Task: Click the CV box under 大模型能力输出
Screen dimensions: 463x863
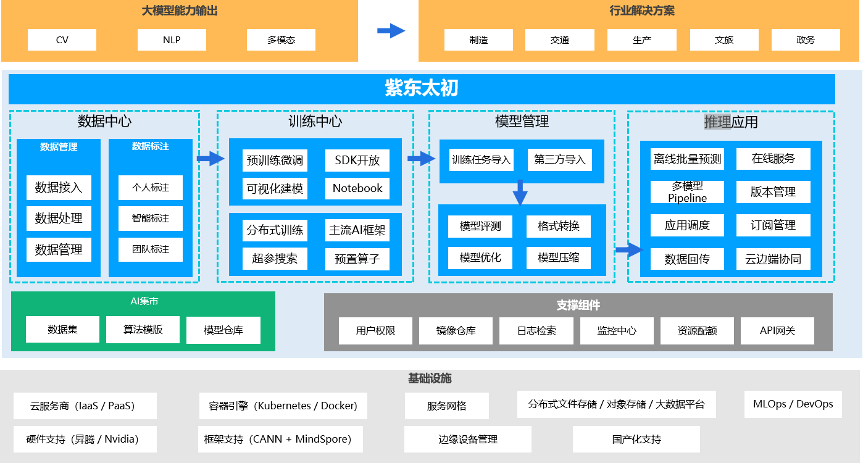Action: [62, 40]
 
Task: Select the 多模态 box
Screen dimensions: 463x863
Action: [281, 40]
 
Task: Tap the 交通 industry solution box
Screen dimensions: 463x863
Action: [559, 40]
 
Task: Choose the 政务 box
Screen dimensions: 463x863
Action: [806, 40]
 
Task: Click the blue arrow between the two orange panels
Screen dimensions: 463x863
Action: [391, 31]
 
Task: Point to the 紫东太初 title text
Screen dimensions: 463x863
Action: [422, 89]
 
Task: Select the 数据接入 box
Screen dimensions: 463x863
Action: [59, 188]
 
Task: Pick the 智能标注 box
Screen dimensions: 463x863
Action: [151, 219]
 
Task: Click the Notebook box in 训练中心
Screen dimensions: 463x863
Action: [357, 188]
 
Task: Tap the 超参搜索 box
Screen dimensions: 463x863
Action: [275, 259]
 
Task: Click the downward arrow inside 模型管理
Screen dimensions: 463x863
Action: [520, 193]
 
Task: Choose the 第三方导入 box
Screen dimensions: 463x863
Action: [559, 160]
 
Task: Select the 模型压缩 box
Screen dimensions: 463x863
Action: [559, 258]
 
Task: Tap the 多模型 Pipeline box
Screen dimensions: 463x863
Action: [687, 192]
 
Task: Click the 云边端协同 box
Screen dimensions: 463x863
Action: [773, 259]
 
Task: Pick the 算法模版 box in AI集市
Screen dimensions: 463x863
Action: [143, 330]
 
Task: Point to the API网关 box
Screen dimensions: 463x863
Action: [777, 331]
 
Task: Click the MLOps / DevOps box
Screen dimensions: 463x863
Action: [793, 404]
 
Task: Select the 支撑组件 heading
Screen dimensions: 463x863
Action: [578, 306]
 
